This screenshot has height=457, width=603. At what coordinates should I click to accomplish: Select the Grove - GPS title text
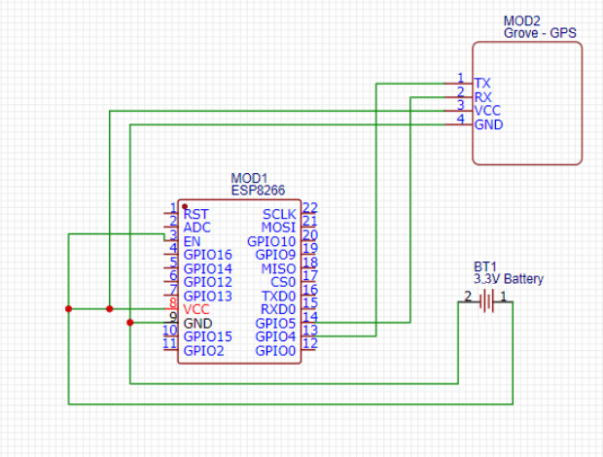coord(540,33)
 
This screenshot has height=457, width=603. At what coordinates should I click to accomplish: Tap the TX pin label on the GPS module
coord(481,84)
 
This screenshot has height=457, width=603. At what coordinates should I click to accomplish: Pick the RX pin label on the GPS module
coord(482,97)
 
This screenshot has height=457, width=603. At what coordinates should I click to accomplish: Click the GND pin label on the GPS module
coord(488,125)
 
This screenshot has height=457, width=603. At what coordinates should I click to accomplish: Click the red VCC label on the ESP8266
coord(196,309)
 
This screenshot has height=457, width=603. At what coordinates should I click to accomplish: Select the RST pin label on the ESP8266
coord(195,214)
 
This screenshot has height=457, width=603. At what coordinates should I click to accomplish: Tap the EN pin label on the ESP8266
coord(192,241)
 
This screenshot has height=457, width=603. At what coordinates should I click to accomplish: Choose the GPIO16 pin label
coord(208,255)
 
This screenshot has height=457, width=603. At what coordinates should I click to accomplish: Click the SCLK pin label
coord(279,214)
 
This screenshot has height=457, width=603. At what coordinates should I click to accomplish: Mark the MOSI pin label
coord(280,228)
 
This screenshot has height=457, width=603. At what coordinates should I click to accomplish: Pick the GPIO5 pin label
coord(275,323)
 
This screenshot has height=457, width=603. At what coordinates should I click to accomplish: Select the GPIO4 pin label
coord(275,336)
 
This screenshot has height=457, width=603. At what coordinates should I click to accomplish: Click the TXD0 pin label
coord(278,296)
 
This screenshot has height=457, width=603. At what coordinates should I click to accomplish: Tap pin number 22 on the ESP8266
coord(310,207)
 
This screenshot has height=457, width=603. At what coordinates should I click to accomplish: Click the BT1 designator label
coord(485,266)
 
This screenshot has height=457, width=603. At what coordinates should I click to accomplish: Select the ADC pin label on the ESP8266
coord(197,228)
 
